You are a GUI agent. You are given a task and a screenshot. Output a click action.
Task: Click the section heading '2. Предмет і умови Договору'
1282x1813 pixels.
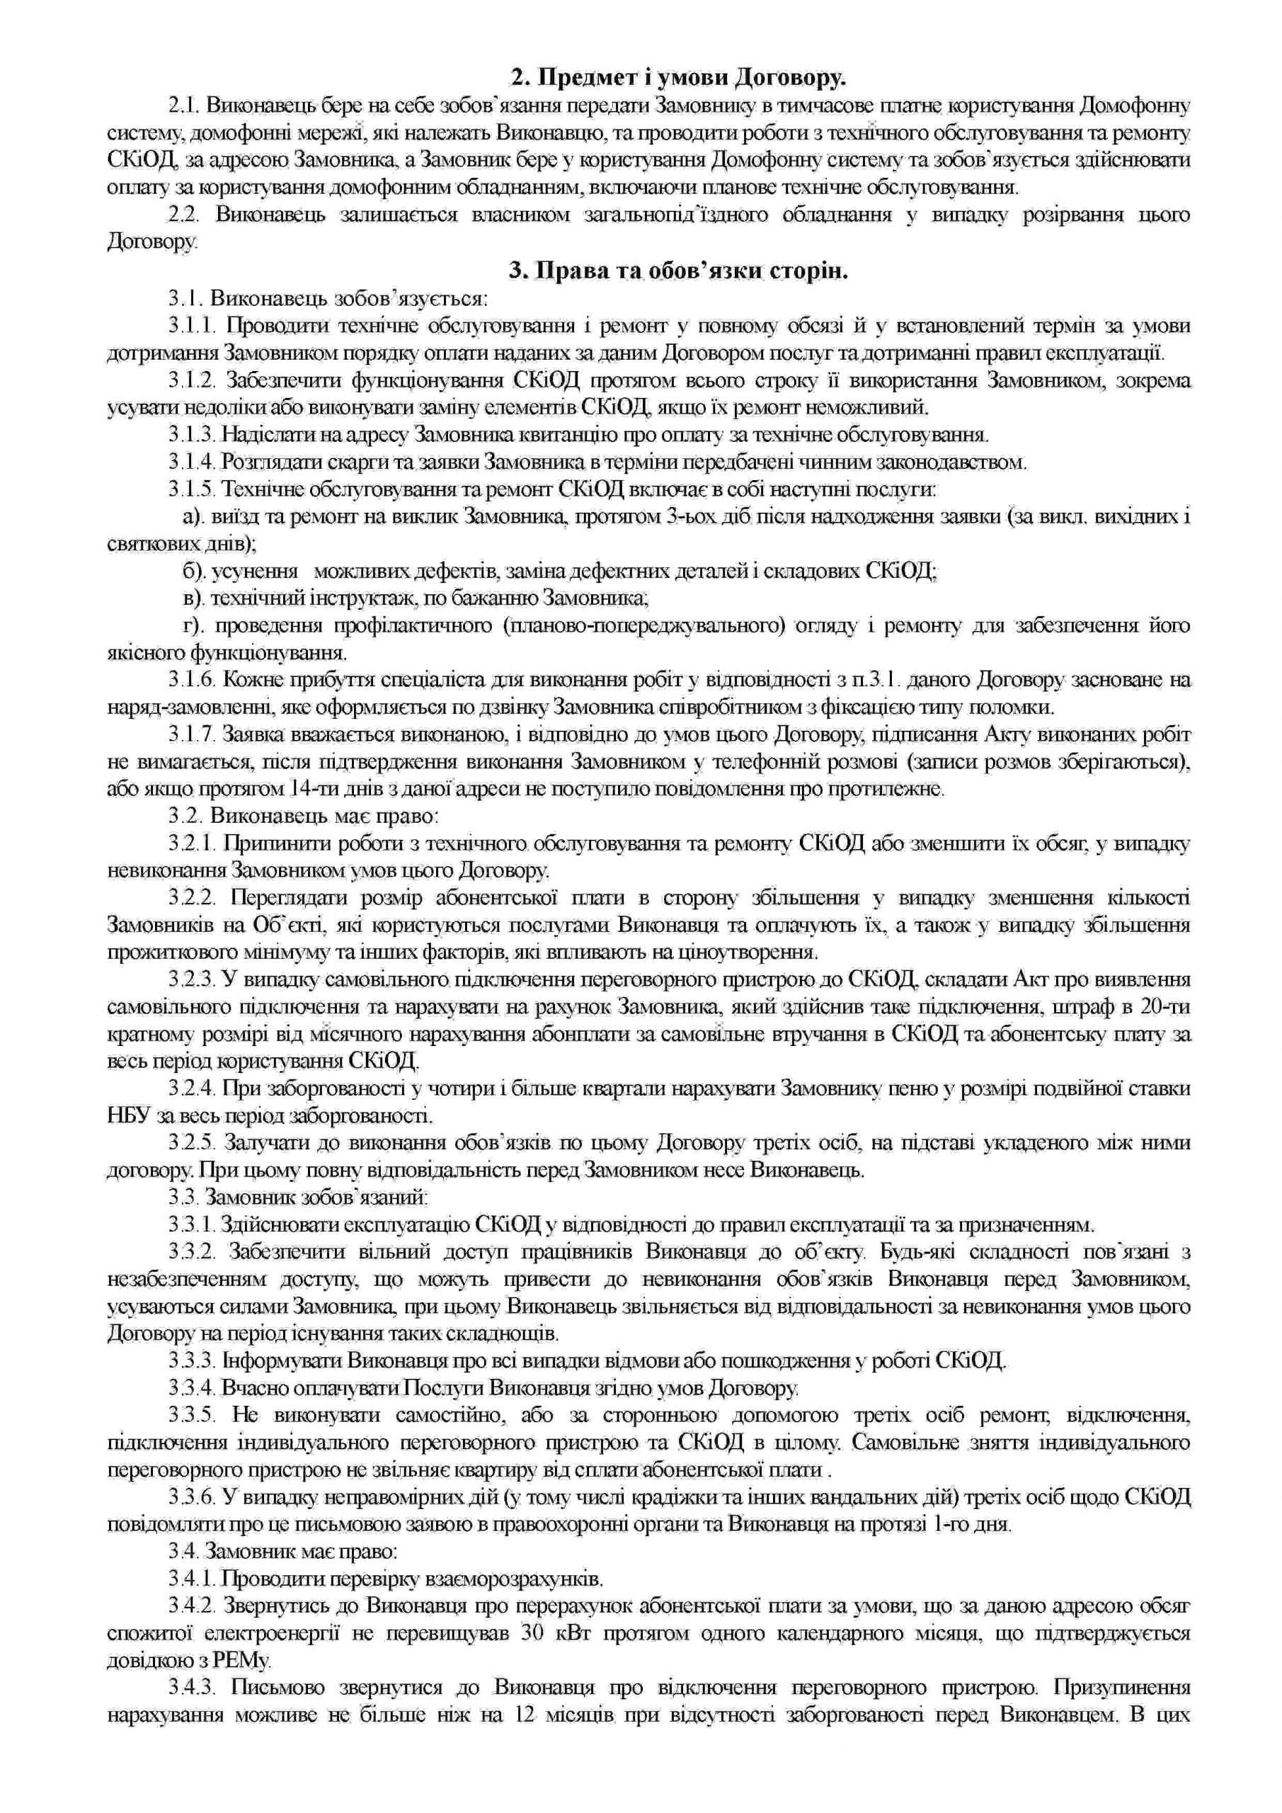(x=678, y=77)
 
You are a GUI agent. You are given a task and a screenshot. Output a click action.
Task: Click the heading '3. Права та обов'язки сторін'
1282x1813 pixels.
(x=678, y=271)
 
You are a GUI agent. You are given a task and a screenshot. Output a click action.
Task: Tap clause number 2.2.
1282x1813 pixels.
(x=184, y=215)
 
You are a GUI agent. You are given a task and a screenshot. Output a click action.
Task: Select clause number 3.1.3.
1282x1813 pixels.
(x=190, y=434)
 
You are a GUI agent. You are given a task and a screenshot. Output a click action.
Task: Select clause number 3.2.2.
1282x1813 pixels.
(x=190, y=898)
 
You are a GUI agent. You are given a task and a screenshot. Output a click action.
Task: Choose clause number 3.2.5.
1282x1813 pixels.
(x=190, y=1142)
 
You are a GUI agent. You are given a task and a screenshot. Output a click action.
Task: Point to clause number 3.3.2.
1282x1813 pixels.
(x=190, y=1251)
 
